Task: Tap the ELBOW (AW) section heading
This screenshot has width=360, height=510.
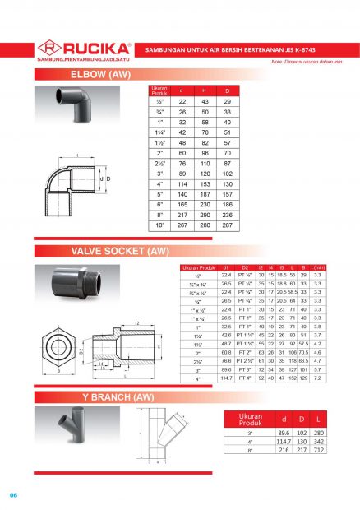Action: tap(99, 75)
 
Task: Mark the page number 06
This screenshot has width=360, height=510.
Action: tap(14, 494)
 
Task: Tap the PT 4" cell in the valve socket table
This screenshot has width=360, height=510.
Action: tap(244, 378)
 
